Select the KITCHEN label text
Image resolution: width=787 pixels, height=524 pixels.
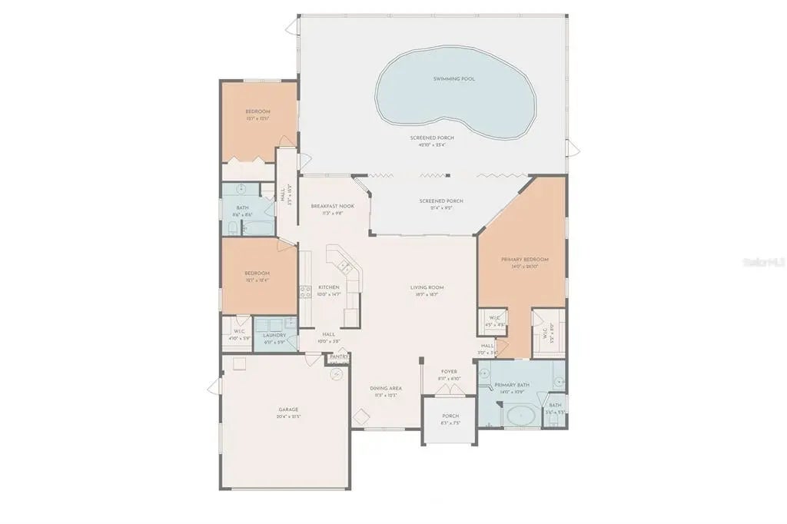coord(329,287)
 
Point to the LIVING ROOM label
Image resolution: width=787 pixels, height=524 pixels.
coord(427,287)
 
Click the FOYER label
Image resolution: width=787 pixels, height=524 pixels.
coord(449,372)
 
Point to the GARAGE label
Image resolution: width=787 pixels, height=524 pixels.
coord(288,410)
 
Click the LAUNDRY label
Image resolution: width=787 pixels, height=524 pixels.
coord(274,335)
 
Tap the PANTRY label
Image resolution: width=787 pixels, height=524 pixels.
coord(339,357)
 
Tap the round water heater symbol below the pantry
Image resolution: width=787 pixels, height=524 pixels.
coord(336,374)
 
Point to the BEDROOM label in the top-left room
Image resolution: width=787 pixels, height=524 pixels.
coord(257,111)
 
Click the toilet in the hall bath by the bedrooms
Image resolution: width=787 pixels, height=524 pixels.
coord(233,227)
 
